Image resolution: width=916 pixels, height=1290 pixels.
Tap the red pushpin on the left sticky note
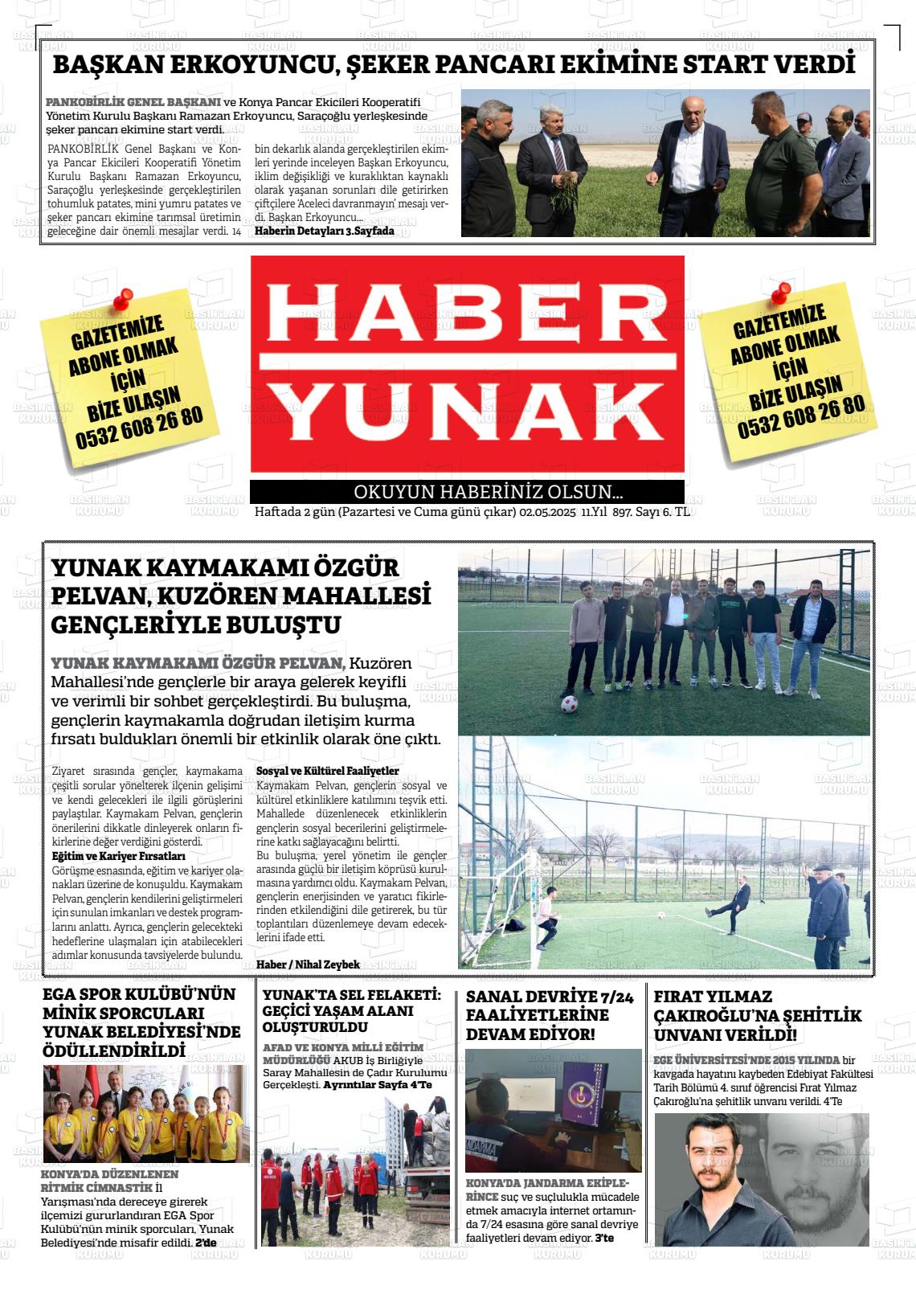tap(122, 301)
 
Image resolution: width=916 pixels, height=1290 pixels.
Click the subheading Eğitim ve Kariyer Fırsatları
tap(118, 856)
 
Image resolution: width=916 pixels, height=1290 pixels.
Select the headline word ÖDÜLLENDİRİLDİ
tap(113, 1050)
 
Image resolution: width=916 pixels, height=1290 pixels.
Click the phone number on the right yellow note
tap(800, 419)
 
